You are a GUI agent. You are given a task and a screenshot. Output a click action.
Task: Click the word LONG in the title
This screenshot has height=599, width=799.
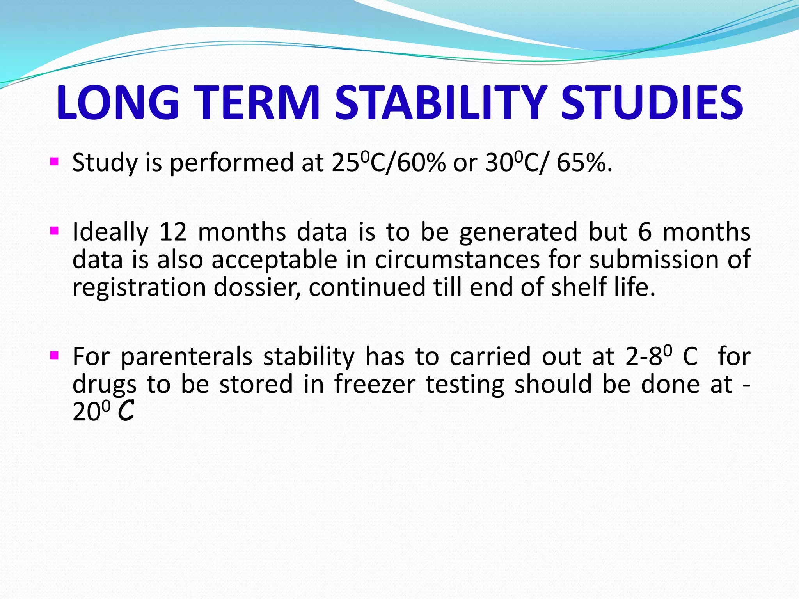117,103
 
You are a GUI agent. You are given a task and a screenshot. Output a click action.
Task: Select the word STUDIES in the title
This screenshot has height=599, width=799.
652,103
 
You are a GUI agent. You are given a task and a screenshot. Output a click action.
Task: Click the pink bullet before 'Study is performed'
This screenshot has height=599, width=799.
55,161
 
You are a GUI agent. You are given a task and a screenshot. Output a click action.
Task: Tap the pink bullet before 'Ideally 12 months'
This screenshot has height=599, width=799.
55,231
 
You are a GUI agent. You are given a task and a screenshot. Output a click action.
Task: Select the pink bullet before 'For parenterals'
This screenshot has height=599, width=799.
55,355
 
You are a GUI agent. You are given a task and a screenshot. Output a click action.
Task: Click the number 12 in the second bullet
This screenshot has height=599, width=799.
173,232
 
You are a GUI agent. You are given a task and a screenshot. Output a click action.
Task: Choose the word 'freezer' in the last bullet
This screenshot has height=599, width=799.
375,385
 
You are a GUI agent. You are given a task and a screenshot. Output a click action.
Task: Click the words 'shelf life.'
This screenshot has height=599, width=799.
603,287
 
